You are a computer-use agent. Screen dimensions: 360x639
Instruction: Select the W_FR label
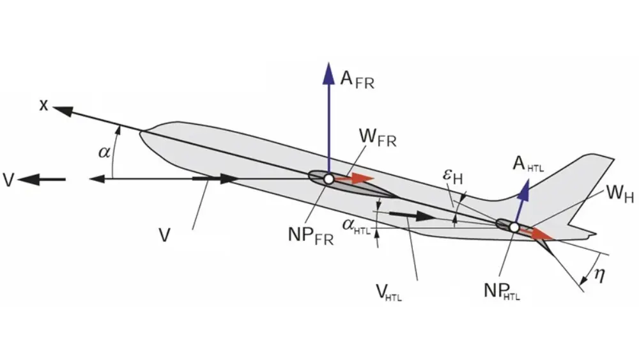pyautogui.click(x=378, y=138)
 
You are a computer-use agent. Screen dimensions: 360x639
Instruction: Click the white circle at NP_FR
pyautogui.click(x=328, y=180)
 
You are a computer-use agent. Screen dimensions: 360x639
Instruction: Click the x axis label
pyautogui.click(x=43, y=105)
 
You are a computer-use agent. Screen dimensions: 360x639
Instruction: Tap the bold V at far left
pyautogui.click(x=8, y=180)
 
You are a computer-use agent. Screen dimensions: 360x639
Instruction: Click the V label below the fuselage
pyautogui.click(x=165, y=236)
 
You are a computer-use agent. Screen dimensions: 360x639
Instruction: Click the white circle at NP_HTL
pyautogui.click(x=514, y=226)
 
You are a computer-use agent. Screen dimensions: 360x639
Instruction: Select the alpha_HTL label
pyautogui.click(x=356, y=225)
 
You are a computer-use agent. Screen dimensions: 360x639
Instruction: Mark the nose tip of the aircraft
pyautogui.click(x=141, y=133)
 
